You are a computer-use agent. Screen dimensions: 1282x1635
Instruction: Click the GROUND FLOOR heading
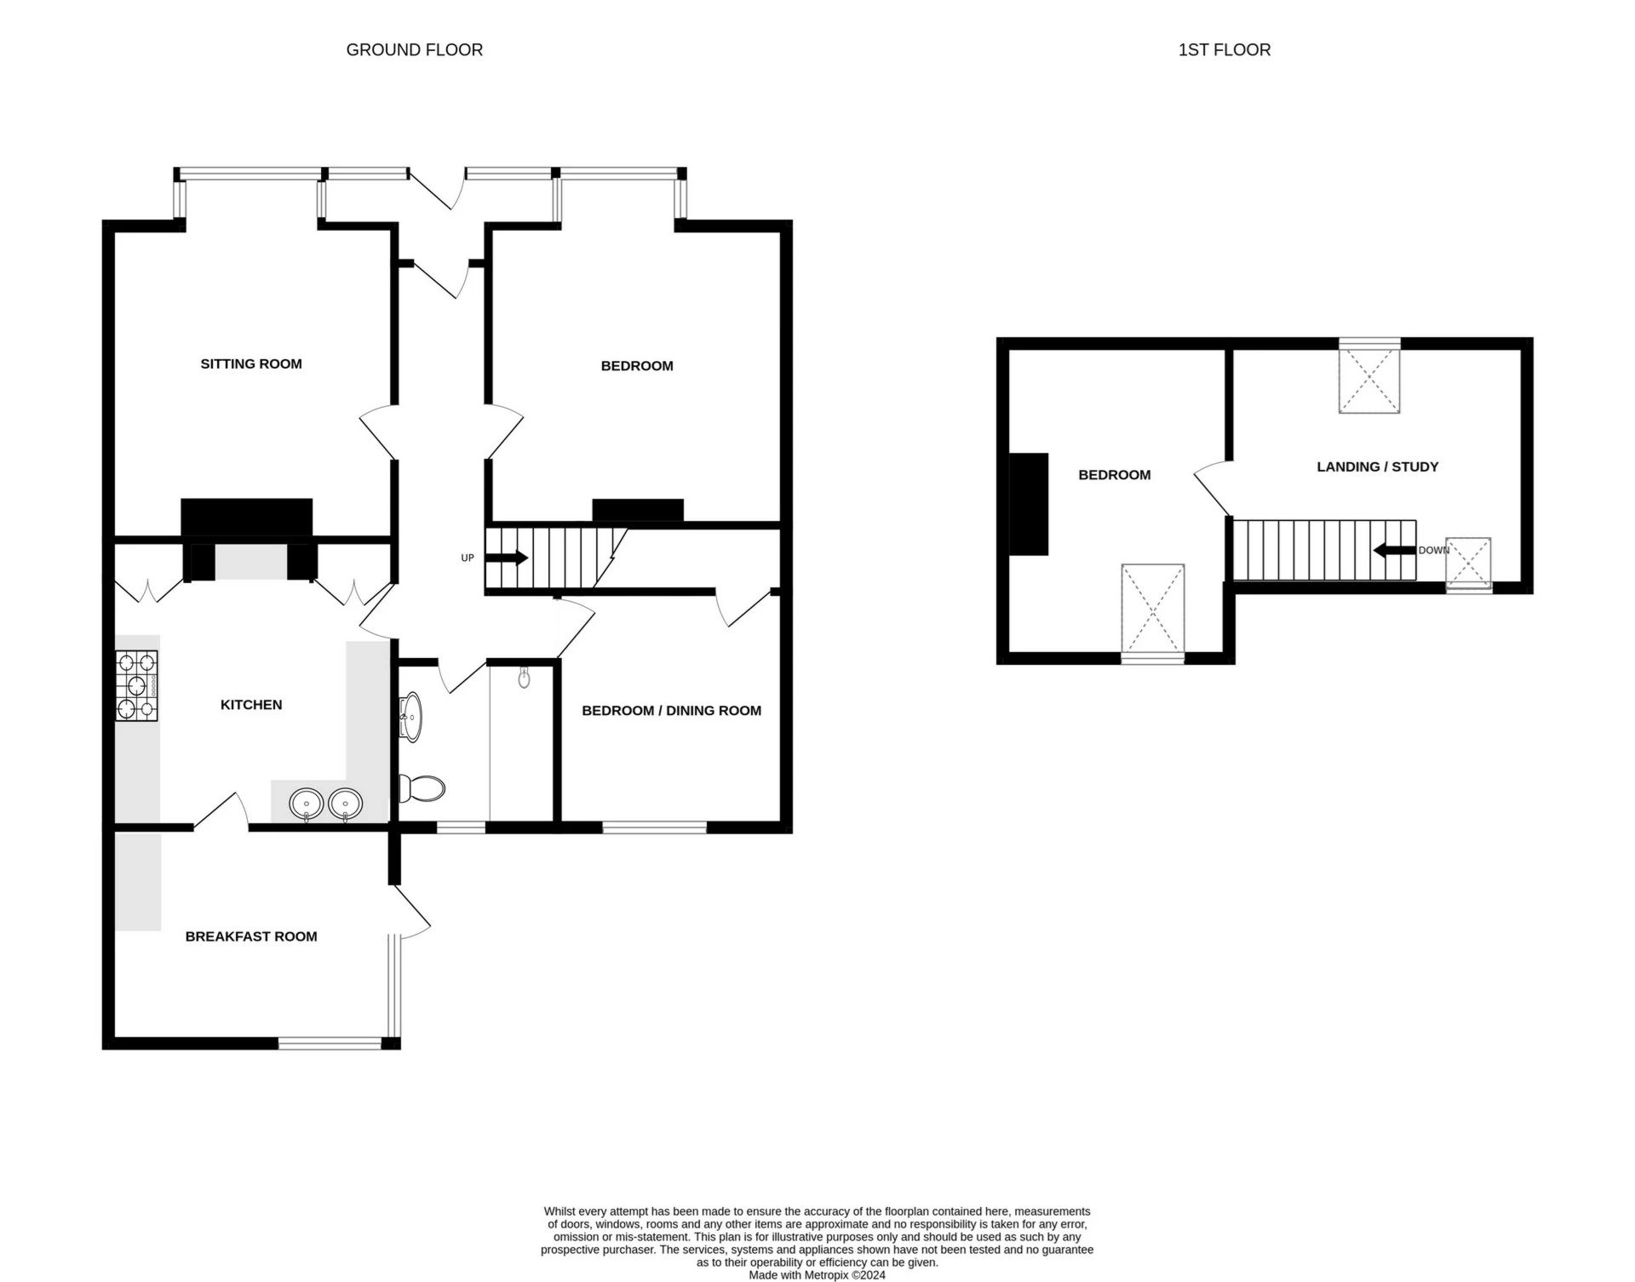pos(414,50)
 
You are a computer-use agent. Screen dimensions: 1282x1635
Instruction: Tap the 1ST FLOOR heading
pos(1224,50)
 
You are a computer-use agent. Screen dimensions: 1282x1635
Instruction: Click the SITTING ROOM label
pos(251,364)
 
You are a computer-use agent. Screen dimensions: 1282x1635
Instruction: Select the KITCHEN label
pos(251,705)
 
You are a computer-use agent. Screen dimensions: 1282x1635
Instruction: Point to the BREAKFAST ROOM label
pos(251,936)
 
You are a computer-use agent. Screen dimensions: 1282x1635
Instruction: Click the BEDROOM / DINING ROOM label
pos(671,711)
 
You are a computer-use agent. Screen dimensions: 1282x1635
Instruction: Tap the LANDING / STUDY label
pos(1377,466)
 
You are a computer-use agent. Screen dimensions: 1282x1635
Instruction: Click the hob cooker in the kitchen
pos(136,686)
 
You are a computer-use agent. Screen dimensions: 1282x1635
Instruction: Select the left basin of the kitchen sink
pos(307,804)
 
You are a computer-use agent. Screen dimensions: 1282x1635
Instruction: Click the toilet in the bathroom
pos(423,789)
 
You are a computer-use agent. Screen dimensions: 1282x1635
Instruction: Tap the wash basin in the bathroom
pos(411,717)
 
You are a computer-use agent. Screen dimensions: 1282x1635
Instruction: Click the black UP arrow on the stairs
pos(508,558)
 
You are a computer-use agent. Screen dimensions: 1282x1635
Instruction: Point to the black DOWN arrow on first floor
pos(1394,551)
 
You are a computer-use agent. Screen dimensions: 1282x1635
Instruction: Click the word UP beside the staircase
pos(467,558)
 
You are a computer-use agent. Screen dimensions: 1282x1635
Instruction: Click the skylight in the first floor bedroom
pos(1152,611)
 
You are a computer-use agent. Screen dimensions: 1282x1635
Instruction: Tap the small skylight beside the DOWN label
pos(1468,563)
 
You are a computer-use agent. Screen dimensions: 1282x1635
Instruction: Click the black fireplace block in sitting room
pos(246,518)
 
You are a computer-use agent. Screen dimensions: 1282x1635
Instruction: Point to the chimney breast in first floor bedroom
pos(1029,504)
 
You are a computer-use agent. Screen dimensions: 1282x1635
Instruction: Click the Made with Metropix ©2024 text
pos(817,1275)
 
